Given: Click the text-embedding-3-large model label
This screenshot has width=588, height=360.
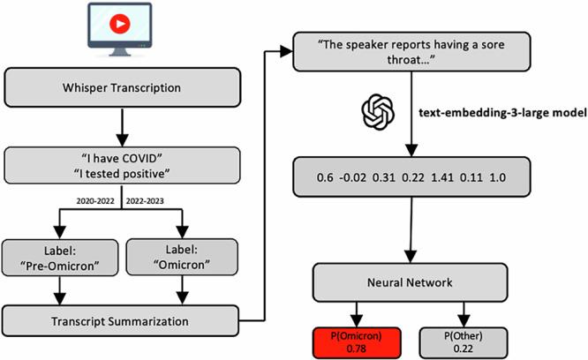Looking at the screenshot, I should coord(494,114).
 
